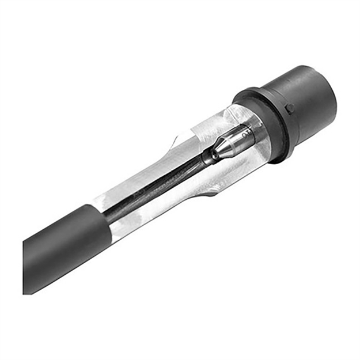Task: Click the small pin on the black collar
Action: [290, 108]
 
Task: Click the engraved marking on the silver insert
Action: [247, 134]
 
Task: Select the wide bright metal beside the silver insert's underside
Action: [242, 167]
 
